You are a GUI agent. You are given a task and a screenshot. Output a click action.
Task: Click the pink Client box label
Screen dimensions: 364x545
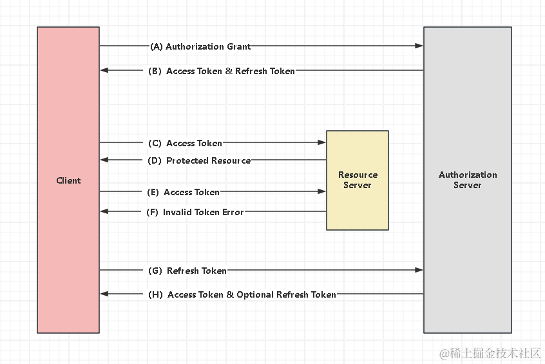pos(68,180)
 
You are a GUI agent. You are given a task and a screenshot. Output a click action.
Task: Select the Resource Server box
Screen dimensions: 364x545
pos(358,180)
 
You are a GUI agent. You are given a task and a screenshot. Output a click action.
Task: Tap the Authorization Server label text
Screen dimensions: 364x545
pos(468,180)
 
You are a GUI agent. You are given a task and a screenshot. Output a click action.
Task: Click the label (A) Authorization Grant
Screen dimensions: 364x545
pos(200,46)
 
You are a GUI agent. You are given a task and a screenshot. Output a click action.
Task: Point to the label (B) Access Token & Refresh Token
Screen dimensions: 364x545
pos(222,71)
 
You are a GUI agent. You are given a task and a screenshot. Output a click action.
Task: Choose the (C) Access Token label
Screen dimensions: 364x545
pos(186,143)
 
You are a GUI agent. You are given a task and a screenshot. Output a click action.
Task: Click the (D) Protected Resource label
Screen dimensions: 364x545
pos(199,160)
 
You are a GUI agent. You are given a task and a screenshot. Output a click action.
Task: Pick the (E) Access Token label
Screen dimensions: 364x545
pos(184,192)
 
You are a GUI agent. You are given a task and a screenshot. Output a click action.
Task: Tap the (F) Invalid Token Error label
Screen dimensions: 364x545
pos(195,212)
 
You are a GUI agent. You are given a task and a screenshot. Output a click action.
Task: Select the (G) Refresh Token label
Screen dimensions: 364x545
pos(187,271)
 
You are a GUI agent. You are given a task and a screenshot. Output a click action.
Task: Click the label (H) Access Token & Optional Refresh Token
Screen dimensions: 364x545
pos(242,294)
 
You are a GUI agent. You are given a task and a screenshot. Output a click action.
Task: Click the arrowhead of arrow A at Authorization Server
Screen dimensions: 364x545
pos(419,46)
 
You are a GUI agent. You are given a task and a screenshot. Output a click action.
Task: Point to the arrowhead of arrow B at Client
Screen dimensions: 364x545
pos(104,70)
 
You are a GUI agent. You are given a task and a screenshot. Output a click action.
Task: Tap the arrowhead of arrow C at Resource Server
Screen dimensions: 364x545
pos(322,142)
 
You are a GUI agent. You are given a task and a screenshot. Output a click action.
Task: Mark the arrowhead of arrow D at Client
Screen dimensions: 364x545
pos(104,160)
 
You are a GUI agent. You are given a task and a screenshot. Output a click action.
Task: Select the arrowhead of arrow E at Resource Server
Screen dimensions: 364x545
pos(322,191)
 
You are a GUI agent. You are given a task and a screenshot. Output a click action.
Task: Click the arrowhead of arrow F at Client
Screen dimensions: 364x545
pos(104,211)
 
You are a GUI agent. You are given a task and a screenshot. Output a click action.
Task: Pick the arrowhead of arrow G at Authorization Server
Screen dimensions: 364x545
pos(419,270)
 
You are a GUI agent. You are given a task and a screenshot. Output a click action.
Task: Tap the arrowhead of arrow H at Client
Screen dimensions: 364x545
pos(104,294)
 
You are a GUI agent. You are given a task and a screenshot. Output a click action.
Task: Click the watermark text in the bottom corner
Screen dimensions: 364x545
pos(490,353)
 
